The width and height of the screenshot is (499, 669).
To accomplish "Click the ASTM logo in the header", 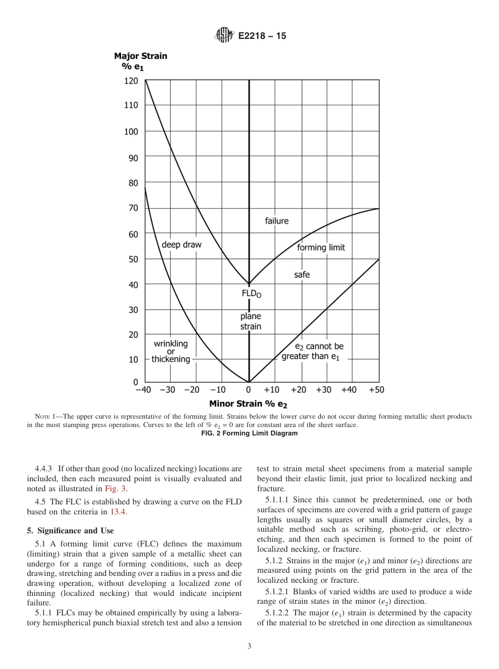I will point(224,36).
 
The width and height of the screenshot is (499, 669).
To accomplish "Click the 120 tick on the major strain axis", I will point(131,80).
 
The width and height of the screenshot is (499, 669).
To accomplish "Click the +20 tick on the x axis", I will point(298,390).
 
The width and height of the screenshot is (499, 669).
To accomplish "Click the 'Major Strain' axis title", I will point(140,56).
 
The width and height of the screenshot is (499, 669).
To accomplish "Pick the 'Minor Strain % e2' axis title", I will point(248,404).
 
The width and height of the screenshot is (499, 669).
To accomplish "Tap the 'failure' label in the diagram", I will point(276,221).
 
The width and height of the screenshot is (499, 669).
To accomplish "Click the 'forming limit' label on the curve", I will point(321,248).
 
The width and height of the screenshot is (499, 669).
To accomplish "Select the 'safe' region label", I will point(302,275).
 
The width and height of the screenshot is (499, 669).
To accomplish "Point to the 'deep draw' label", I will point(181,245).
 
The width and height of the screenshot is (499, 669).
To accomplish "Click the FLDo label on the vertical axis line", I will point(251,294).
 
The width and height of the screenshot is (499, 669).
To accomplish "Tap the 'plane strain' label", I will point(251,321).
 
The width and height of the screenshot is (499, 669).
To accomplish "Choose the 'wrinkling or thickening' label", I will point(171,351).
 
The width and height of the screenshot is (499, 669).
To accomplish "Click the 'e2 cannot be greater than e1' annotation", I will point(313,351).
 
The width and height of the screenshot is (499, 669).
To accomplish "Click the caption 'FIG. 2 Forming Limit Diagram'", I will point(249,433).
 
